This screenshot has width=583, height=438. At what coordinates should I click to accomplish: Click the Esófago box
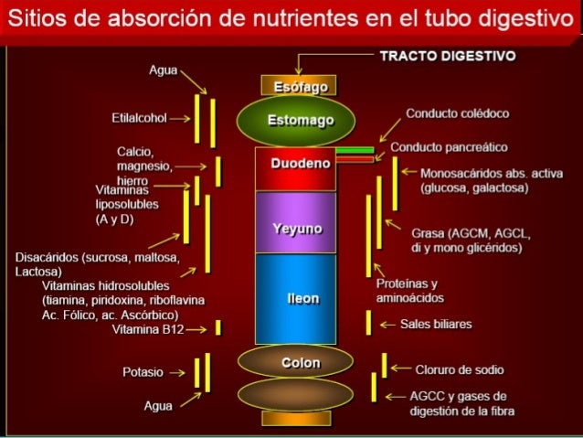point(294,86)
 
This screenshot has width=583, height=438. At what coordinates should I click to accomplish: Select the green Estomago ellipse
point(294,120)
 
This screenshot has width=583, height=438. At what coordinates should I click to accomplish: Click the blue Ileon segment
point(294,299)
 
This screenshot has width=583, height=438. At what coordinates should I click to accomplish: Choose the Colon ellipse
point(294,362)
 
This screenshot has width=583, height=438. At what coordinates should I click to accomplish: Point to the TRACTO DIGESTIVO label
point(447,56)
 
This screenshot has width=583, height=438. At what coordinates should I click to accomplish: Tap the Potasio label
point(143,373)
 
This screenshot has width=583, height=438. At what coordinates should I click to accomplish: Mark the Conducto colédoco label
point(457,113)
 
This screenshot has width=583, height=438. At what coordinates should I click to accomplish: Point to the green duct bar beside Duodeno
point(355,150)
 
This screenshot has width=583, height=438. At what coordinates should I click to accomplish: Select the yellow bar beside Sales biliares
point(368,323)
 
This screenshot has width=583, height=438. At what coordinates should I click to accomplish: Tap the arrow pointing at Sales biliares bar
point(385,324)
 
